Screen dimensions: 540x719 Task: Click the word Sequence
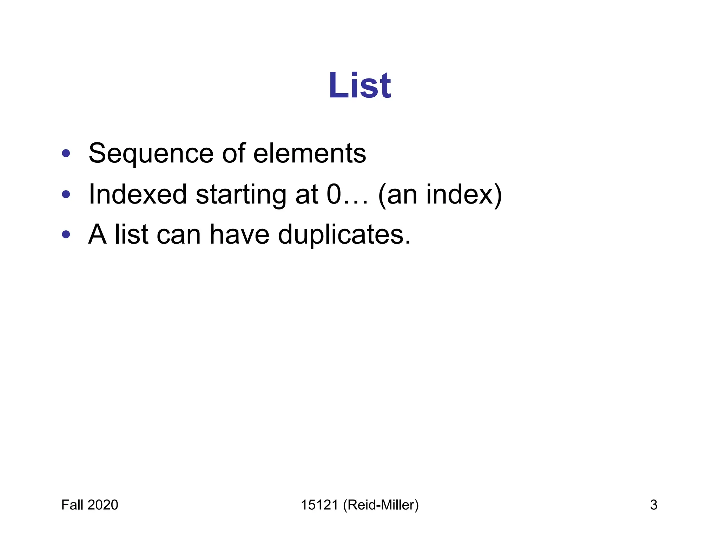click(151, 154)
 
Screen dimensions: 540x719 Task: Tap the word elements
click(309, 154)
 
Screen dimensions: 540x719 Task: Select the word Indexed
click(138, 194)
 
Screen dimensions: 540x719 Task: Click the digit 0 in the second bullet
click(334, 194)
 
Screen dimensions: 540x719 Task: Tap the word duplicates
click(344, 234)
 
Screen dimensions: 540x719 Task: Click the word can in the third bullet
click(178, 234)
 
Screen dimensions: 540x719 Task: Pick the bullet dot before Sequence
click(66, 154)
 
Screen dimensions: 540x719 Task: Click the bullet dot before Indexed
click(66, 194)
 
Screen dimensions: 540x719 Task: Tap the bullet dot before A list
click(66, 234)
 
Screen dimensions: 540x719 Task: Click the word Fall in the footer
click(72, 505)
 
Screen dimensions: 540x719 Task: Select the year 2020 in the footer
click(103, 505)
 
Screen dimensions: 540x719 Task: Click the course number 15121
click(319, 505)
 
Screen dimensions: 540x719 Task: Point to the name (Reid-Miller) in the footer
click(381, 505)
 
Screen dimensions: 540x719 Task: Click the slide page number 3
click(653, 505)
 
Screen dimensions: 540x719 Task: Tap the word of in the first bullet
click(233, 154)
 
